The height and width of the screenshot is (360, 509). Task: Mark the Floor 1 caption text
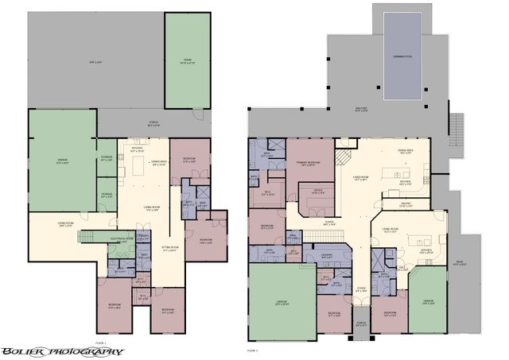pyautogui.click(x=100, y=343)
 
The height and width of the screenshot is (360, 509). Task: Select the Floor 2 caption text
pyautogui.click(x=252, y=349)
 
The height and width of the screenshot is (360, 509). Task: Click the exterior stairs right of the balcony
pyautogui.click(x=457, y=125)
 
